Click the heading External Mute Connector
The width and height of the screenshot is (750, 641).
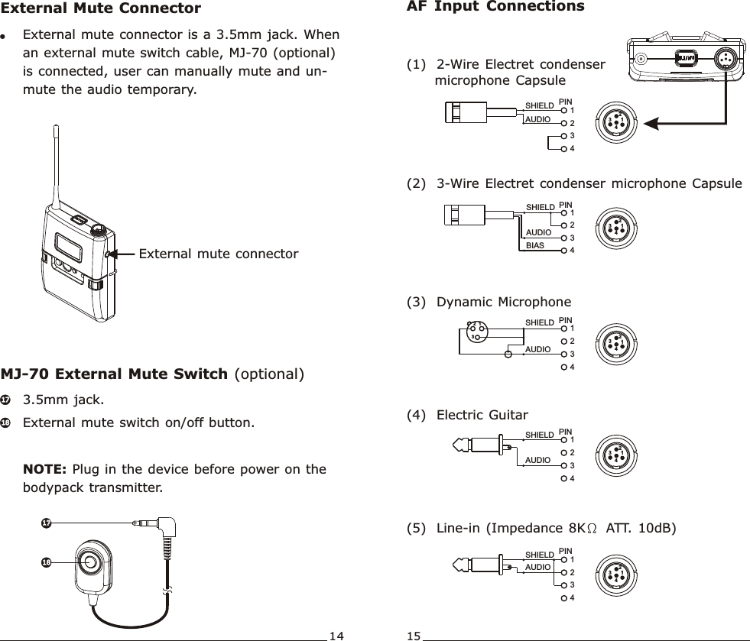click(101, 9)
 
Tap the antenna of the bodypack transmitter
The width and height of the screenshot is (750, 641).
click(56, 168)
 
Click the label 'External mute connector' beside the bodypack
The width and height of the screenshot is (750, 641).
click(218, 253)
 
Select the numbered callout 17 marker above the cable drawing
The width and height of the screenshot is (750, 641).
click(47, 523)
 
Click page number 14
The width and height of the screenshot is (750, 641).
click(336, 635)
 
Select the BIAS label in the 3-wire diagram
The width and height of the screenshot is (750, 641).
click(536, 245)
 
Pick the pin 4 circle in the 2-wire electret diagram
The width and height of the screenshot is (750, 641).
click(564, 148)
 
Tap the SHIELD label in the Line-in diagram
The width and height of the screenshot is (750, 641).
click(539, 555)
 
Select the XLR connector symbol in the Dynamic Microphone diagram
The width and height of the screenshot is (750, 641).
click(476, 331)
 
